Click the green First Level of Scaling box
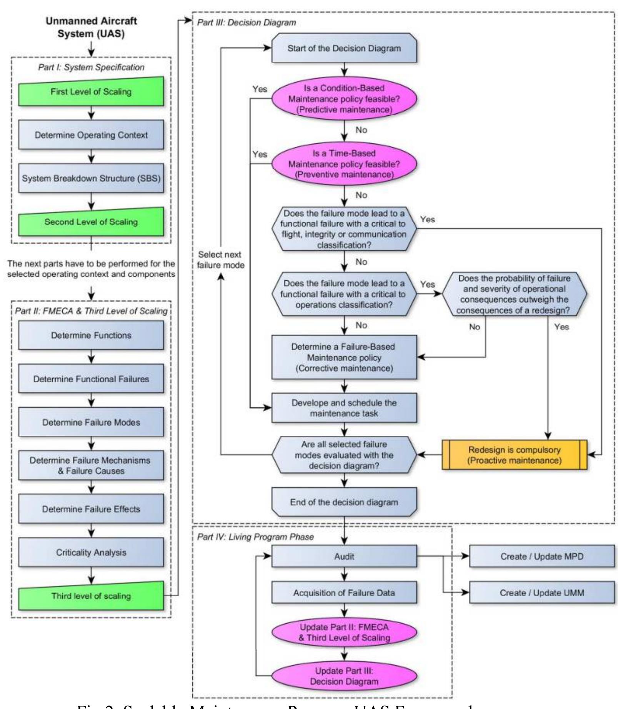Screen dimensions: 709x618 [x=91, y=92]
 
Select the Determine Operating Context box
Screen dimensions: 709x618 [x=91, y=135]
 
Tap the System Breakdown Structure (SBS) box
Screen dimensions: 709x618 [x=91, y=178]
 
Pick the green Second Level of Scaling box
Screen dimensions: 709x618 [x=91, y=222]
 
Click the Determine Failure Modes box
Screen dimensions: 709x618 [x=91, y=422]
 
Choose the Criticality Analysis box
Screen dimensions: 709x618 [x=91, y=552]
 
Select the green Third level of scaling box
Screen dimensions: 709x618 [x=91, y=596]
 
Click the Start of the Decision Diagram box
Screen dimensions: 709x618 [x=344, y=48]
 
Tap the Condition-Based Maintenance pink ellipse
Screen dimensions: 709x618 [x=344, y=99]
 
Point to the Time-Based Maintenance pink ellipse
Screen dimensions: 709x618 [x=344, y=164]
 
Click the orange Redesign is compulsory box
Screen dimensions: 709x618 [x=514, y=455]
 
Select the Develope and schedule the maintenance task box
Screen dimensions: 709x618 [x=344, y=408]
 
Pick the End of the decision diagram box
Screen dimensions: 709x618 [x=344, y=502]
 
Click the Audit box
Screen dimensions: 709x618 [x=344, y=556]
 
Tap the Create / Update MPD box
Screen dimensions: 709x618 [x=541, y=556]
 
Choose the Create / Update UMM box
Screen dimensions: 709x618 [x=541, y=593]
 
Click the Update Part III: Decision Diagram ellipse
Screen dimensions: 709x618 [x=344, y=676]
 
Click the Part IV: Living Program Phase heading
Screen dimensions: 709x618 [x=255, y=537]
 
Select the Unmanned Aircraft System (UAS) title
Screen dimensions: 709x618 [x=91, y=27]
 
